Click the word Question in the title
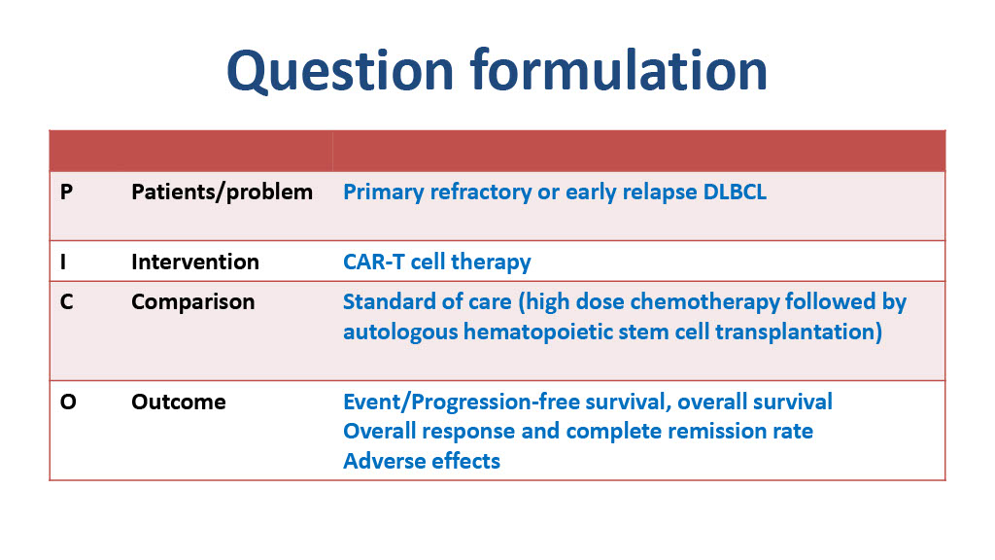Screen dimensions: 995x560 (x=340, y=71)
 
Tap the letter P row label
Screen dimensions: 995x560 (x=66, y=192)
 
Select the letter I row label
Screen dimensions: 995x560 (x=63, y=262)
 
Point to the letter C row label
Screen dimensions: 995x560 (x=67, y=301)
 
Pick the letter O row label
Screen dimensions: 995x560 (x=68, y=402)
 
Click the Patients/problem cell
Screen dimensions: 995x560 (x=223, y=192)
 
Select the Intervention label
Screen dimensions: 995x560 (x=195, y=262)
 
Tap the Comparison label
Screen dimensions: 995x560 (x=193, y=302)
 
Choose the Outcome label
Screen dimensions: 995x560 (x=179, y=402)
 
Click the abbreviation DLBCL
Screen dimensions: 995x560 (x=735, y=192)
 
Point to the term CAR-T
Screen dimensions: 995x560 (x=374, y=262)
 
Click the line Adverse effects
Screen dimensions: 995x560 (x=422, y=461)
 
